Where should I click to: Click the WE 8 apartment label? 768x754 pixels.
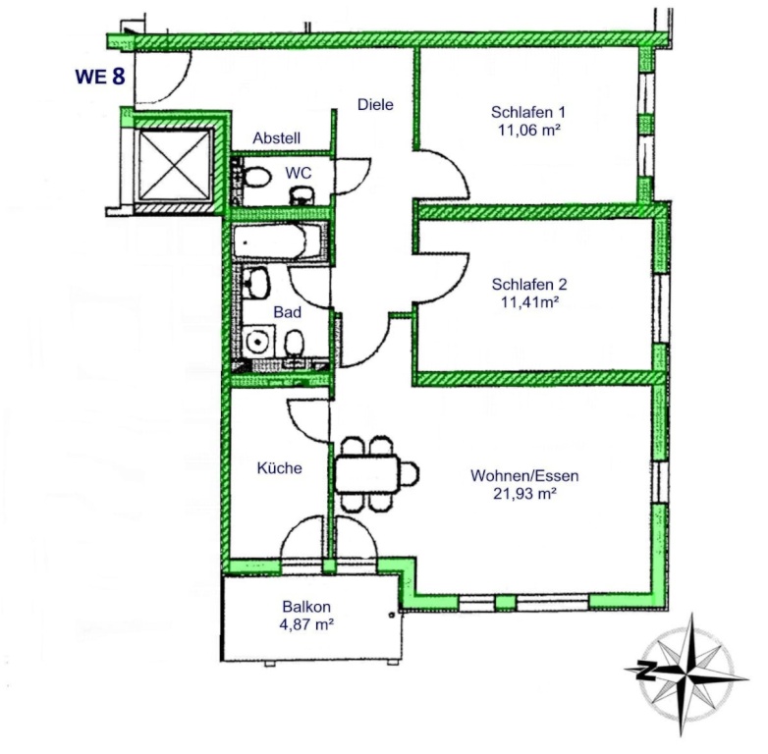[100, 76]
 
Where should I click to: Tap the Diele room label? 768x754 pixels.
[375, 104]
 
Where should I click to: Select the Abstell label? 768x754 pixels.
[276, 138]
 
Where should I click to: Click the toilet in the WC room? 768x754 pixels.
[256, 177]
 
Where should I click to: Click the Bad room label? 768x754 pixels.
[287, 312]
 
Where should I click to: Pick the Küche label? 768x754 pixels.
[279, 467]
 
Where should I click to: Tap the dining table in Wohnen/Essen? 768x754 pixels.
[368, 474]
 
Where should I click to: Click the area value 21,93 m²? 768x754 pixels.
[524, 494]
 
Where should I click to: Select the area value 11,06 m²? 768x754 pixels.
[529, 131]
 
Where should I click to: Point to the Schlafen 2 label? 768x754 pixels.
[529, 284]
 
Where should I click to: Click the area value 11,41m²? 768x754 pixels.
[529, 302]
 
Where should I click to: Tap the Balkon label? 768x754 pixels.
[306, 607]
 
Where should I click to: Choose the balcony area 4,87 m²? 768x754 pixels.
[306, 624]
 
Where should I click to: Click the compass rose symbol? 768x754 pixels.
[686, 673]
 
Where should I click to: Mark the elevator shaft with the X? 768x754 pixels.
[175, 166]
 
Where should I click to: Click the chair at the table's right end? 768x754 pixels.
[410, 474]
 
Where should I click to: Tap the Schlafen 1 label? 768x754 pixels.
[528, 112]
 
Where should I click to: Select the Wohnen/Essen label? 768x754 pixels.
[524, 475]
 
